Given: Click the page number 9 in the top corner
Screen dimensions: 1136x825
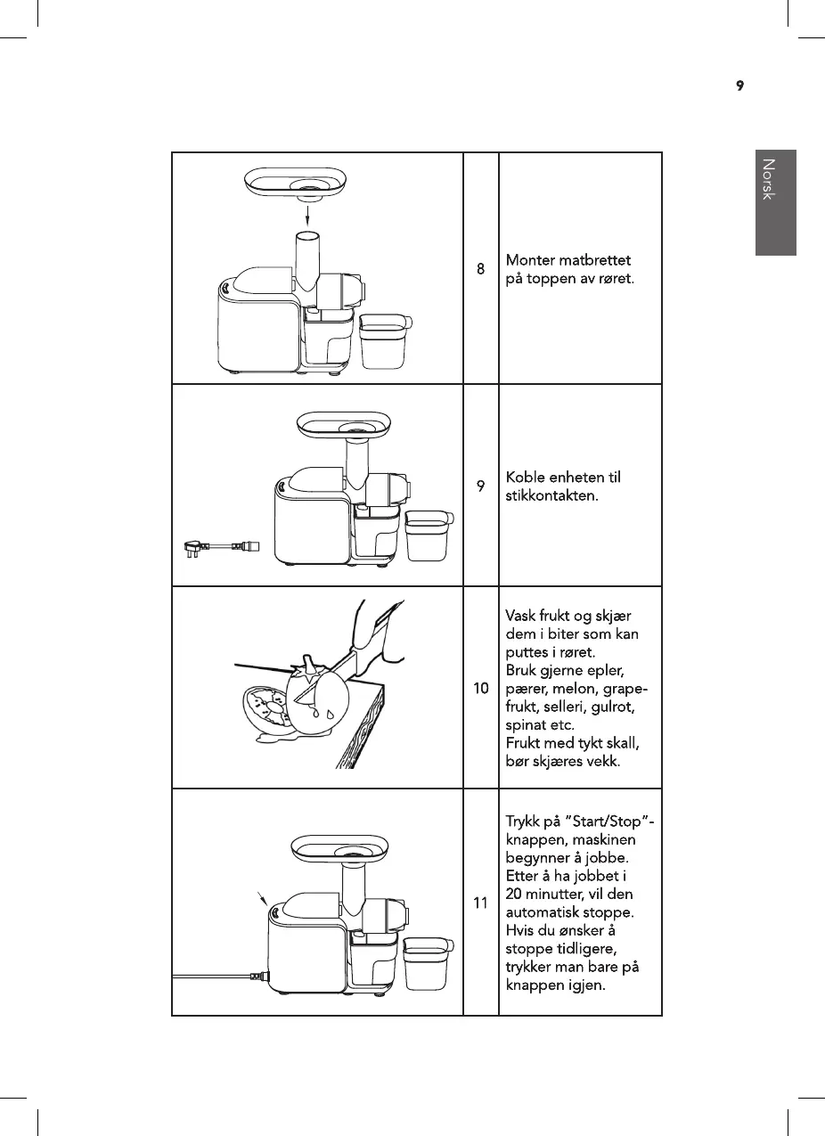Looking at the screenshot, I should click(739, 86).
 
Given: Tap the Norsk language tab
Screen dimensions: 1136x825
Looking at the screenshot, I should click(775, 202).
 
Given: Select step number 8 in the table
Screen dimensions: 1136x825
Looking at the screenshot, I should click(480, 268).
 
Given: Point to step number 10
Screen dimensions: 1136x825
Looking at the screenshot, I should click(480, 689).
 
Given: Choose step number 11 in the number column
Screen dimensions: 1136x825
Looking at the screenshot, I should click(480, 903).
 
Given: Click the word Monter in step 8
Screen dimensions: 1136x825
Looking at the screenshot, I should click(530, 261).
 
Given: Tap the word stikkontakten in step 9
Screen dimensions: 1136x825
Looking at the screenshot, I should click(551, 495).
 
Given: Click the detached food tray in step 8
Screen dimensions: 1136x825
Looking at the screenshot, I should click(306, 183).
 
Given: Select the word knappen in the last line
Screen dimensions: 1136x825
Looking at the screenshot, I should click(530, 986).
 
